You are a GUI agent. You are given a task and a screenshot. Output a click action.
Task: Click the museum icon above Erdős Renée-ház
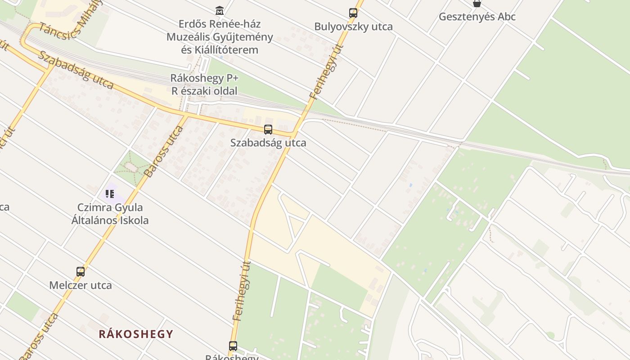[x=220, y=10]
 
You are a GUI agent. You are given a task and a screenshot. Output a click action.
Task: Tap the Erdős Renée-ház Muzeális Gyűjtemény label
[x=220, y=36]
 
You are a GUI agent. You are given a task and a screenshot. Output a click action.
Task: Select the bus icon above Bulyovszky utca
[x=353, y=13]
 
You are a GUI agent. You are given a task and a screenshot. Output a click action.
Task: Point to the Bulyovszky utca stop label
[x=353, y=27]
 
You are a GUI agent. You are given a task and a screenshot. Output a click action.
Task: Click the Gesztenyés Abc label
[x=477, y=17]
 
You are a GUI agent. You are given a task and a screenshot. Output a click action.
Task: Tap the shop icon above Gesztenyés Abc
[x=477, y=4]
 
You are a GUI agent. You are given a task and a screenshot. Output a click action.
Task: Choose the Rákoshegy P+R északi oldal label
[x=204, y=84]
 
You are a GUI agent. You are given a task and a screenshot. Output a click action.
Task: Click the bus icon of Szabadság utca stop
[x=268, y=130]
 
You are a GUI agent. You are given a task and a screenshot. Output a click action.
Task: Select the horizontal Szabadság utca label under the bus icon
[x=268, y=143]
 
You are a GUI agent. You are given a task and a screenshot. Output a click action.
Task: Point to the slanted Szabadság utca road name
[x=75, y=70]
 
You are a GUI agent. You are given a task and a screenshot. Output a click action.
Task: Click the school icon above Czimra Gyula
[x=110, y=194]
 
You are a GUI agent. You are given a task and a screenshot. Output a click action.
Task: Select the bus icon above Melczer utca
[x=81, y=272]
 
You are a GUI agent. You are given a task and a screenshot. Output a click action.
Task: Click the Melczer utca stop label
[x=81, y=285]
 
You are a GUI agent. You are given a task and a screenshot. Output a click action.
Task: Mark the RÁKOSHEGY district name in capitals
[x=136, y=334]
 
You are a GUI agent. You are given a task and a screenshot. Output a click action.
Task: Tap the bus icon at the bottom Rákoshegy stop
[x=233, y=346]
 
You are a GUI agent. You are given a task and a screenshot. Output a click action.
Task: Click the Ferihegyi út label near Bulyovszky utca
[x=327, y=72]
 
